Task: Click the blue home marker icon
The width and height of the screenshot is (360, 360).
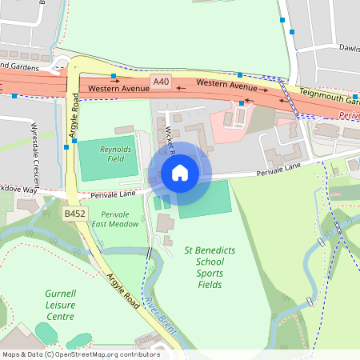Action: (180, 173)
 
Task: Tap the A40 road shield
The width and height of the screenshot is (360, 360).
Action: (162, 82)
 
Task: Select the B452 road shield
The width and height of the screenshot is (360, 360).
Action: (74, 214)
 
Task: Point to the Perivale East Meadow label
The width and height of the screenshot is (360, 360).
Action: (121, 220)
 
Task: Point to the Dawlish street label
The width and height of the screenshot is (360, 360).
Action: (349, 47)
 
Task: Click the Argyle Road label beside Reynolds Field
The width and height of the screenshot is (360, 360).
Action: (74, 117)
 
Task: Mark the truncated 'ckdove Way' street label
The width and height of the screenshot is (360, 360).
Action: (19, 191)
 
